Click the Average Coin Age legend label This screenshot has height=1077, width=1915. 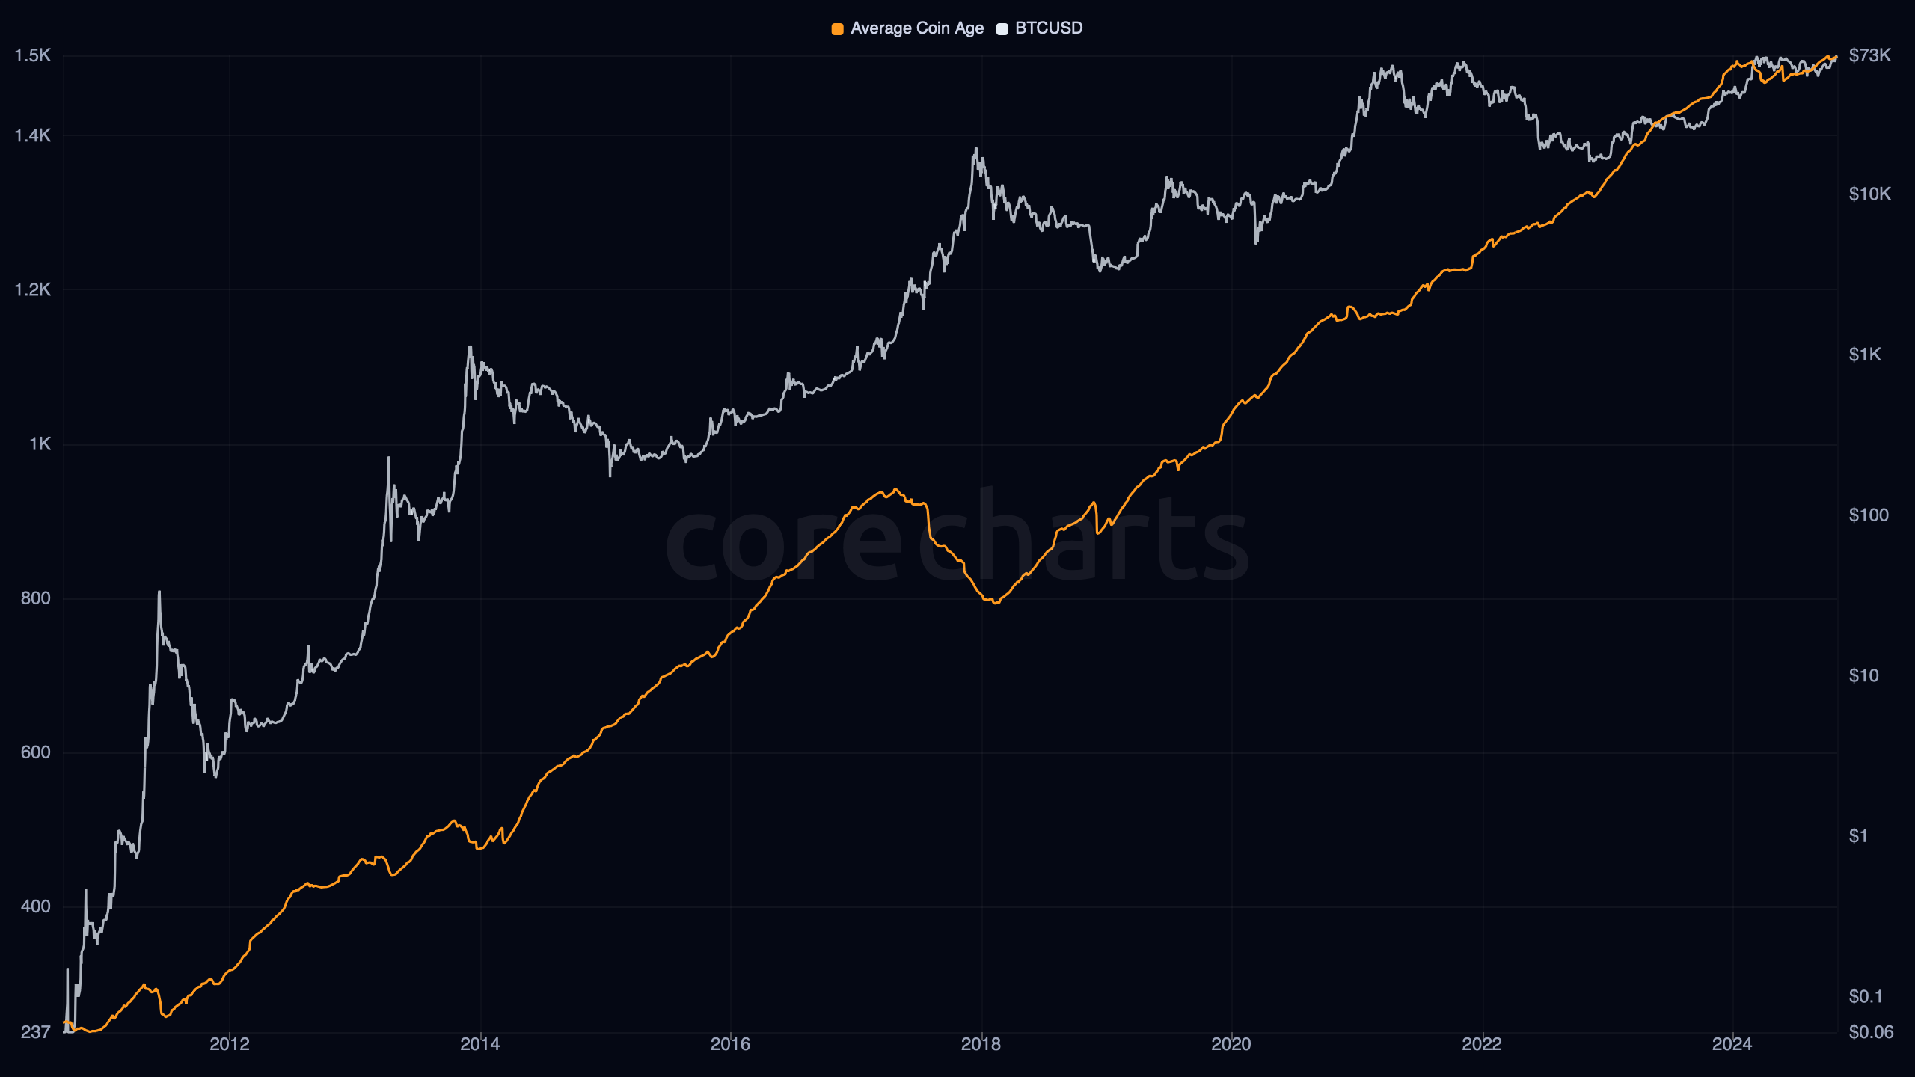pyautogui.click(x=916, y=28)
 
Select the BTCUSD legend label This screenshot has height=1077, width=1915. pyautogui.click(x=1048, y=28)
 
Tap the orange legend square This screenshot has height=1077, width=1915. pyautogui.click(x=837, y=29)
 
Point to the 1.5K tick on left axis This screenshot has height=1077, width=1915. pyautogui.click(x=33, y=55)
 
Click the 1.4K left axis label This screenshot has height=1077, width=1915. pyautogui.click(x=33, y=135)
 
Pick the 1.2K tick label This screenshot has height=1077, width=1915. pyautogui.click(x=33, y=289)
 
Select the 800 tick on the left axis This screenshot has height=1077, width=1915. pyautogui.click(x=36, y=598)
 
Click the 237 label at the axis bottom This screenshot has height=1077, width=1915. pyautogui.click(x=36, y=1032)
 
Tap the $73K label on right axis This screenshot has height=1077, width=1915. pyautogui.click(x=1869, y=55)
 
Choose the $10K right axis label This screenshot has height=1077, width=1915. pyautogui.click(x=1869, y=194)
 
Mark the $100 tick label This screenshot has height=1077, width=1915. pyautogui.click(x=1868, y=515)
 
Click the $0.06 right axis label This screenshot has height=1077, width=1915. pyautogui.click(x=1870, y=1032)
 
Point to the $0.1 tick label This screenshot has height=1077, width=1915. pyautogui.click(x=1865, y=996)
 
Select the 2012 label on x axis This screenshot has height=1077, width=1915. pyautogui.click(x=230, y=1044)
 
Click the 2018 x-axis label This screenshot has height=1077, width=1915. pyautogui.click(x=981, y=1044)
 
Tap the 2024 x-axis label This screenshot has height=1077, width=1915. pyautogui.click(x=1732, y=1044)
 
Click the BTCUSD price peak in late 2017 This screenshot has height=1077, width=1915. pyautogui.click(x=975, y=148)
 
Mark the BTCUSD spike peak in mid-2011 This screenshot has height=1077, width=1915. pyautogui.click(x=159, y=592)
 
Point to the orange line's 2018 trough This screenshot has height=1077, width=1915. pyautogui.click(x=995, y=603)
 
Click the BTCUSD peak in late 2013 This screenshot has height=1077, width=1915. pyautogui.click(x=470, y=346)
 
